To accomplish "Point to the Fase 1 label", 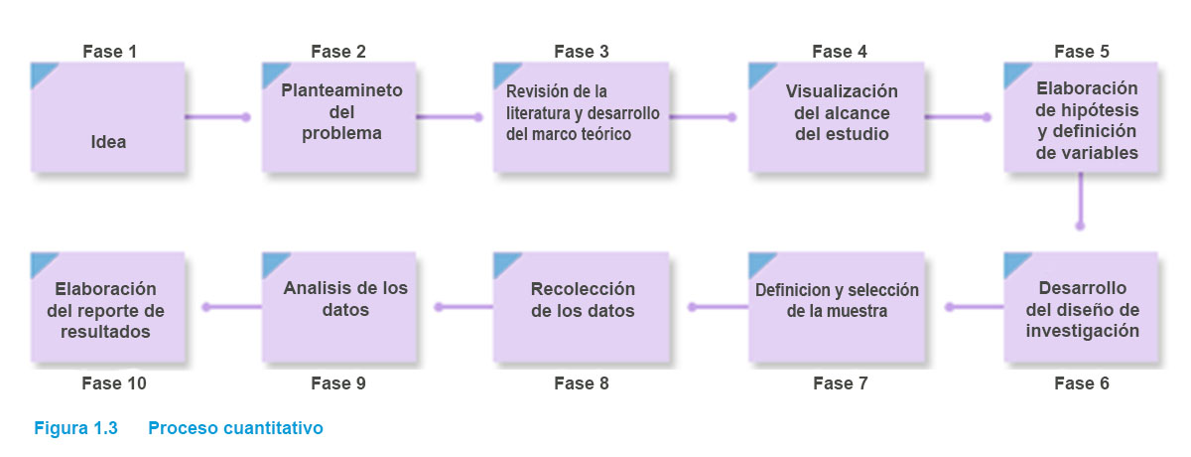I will tap(109, 51).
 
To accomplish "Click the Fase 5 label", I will tap(1082, 51).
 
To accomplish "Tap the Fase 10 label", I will tap(109, 382).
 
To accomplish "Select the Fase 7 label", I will tap(840, 382).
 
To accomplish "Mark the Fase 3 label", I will tap(582, 51).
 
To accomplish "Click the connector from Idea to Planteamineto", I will tap(216, 117).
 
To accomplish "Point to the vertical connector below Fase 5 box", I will tap(1080, 203).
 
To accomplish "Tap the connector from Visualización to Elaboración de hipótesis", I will tap(957, 117).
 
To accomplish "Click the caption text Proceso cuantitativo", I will tap(235, 429).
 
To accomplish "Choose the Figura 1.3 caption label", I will tap(76, 429).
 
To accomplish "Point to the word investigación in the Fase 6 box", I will tap(1082, 331).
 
